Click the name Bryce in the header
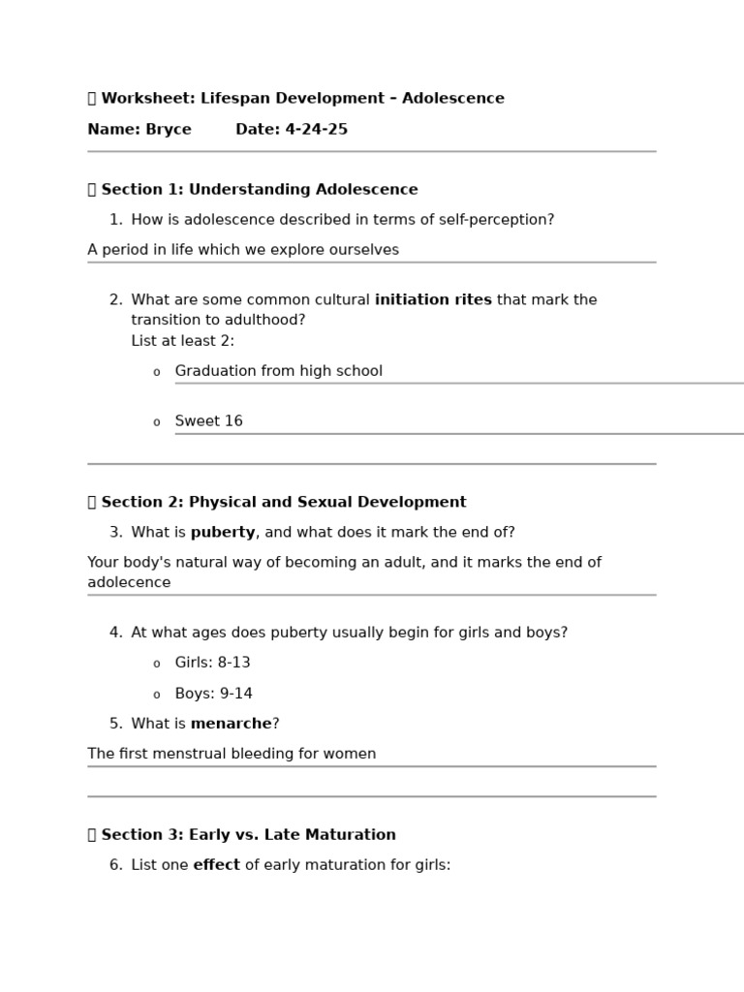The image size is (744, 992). point(169,130)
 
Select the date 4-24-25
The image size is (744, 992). point(316,130)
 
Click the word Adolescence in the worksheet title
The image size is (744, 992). point(452,99)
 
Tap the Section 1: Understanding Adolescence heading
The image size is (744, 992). point(259,190)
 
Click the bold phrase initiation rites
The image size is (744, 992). point(433,300)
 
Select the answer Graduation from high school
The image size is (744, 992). point(278,371)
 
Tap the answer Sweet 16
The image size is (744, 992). point(208,421)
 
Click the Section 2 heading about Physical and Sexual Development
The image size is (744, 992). point(283,503)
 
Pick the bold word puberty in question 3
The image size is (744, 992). point(223,533)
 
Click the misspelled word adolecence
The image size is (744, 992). point(129,583)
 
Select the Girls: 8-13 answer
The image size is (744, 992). point(212,664)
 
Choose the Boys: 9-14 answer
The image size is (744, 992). point(213,695)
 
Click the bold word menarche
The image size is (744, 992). point(231,725)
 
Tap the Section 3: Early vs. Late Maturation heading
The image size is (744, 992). point(248,835)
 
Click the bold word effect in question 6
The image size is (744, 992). point(216,865)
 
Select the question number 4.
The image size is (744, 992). point(115,634)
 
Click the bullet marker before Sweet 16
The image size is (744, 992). point(156,422)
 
